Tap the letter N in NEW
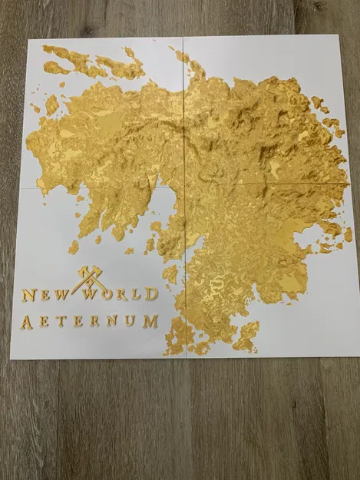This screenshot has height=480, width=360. [28, 295]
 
